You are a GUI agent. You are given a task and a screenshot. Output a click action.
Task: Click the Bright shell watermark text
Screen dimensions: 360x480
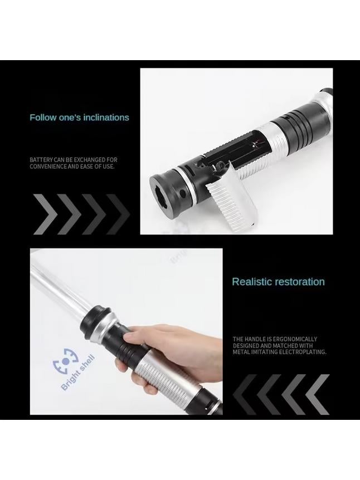tap(78, 373)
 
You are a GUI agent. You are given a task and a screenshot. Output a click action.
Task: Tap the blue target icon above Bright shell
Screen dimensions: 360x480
tap(66, 361)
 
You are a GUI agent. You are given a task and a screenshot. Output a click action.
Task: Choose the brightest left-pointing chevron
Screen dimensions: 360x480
tap(318, 394)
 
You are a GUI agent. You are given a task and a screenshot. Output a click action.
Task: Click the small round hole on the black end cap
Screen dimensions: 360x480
tap(182, 193)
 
